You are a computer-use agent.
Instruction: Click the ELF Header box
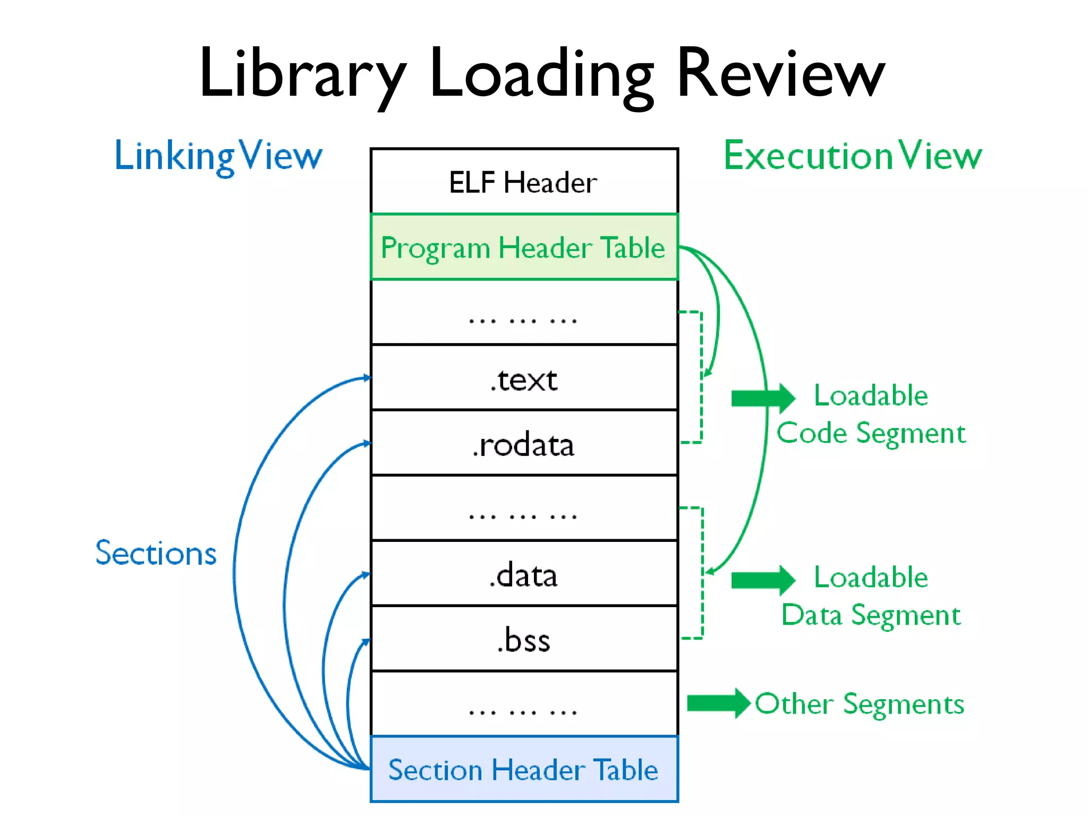(524, 182)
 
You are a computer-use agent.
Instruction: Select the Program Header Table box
(524, 248)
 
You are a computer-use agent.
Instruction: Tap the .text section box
(524, 379)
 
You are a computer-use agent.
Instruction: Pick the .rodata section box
(524, 444)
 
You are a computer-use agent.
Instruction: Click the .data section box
(524, 574)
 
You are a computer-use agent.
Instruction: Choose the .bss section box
(524, 640)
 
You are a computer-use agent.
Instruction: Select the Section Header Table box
(524, 770)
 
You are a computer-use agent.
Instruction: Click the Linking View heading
(218, 156)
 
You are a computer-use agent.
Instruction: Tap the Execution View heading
(853, 156)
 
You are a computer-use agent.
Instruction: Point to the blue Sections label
(156, 553)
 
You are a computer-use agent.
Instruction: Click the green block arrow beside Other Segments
(718, 703)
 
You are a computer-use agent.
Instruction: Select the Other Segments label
(860, 704)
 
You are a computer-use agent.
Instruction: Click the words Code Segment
(871, 433)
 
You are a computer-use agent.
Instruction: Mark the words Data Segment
(871, 615)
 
